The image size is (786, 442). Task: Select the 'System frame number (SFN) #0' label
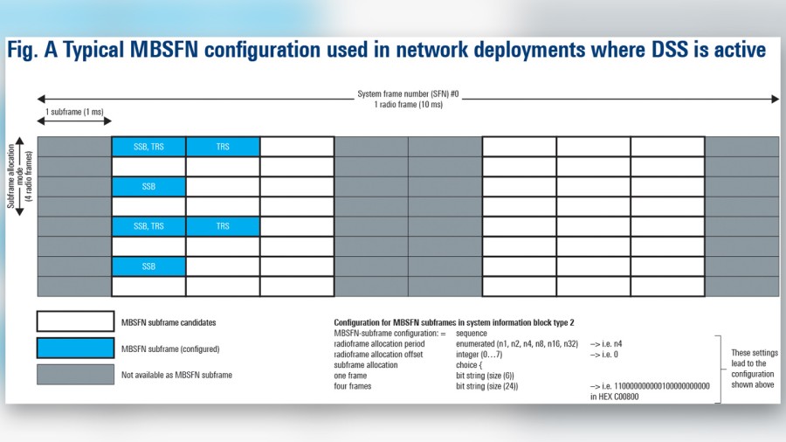[408, 93]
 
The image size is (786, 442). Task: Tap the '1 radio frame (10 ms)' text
[408, 105]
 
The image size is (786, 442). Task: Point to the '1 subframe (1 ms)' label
[74, 113]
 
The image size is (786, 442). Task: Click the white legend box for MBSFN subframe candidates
[75, 322]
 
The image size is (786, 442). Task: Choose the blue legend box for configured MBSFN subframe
[75, 348]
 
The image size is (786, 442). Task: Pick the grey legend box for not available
[75, 374]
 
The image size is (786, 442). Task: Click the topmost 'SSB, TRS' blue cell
[148, 147]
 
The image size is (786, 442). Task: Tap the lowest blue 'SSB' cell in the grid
[148, 266]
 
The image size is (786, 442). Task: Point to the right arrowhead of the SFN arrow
[775, 100]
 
